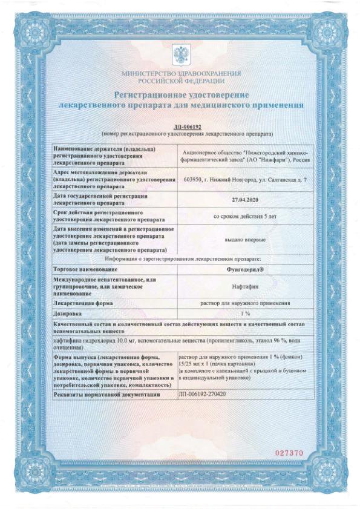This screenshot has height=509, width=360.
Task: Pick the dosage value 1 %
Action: coord(245,313)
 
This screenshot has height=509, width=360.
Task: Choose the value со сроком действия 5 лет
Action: coord(245,215)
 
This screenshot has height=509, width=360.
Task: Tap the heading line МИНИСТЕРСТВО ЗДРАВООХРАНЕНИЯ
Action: coord(181,73)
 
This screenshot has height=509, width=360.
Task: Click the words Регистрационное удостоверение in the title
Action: coord(181,94)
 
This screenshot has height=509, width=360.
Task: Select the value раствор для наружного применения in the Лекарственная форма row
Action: coord(245,302)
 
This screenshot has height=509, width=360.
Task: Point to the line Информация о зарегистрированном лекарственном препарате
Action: coord(180,257)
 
